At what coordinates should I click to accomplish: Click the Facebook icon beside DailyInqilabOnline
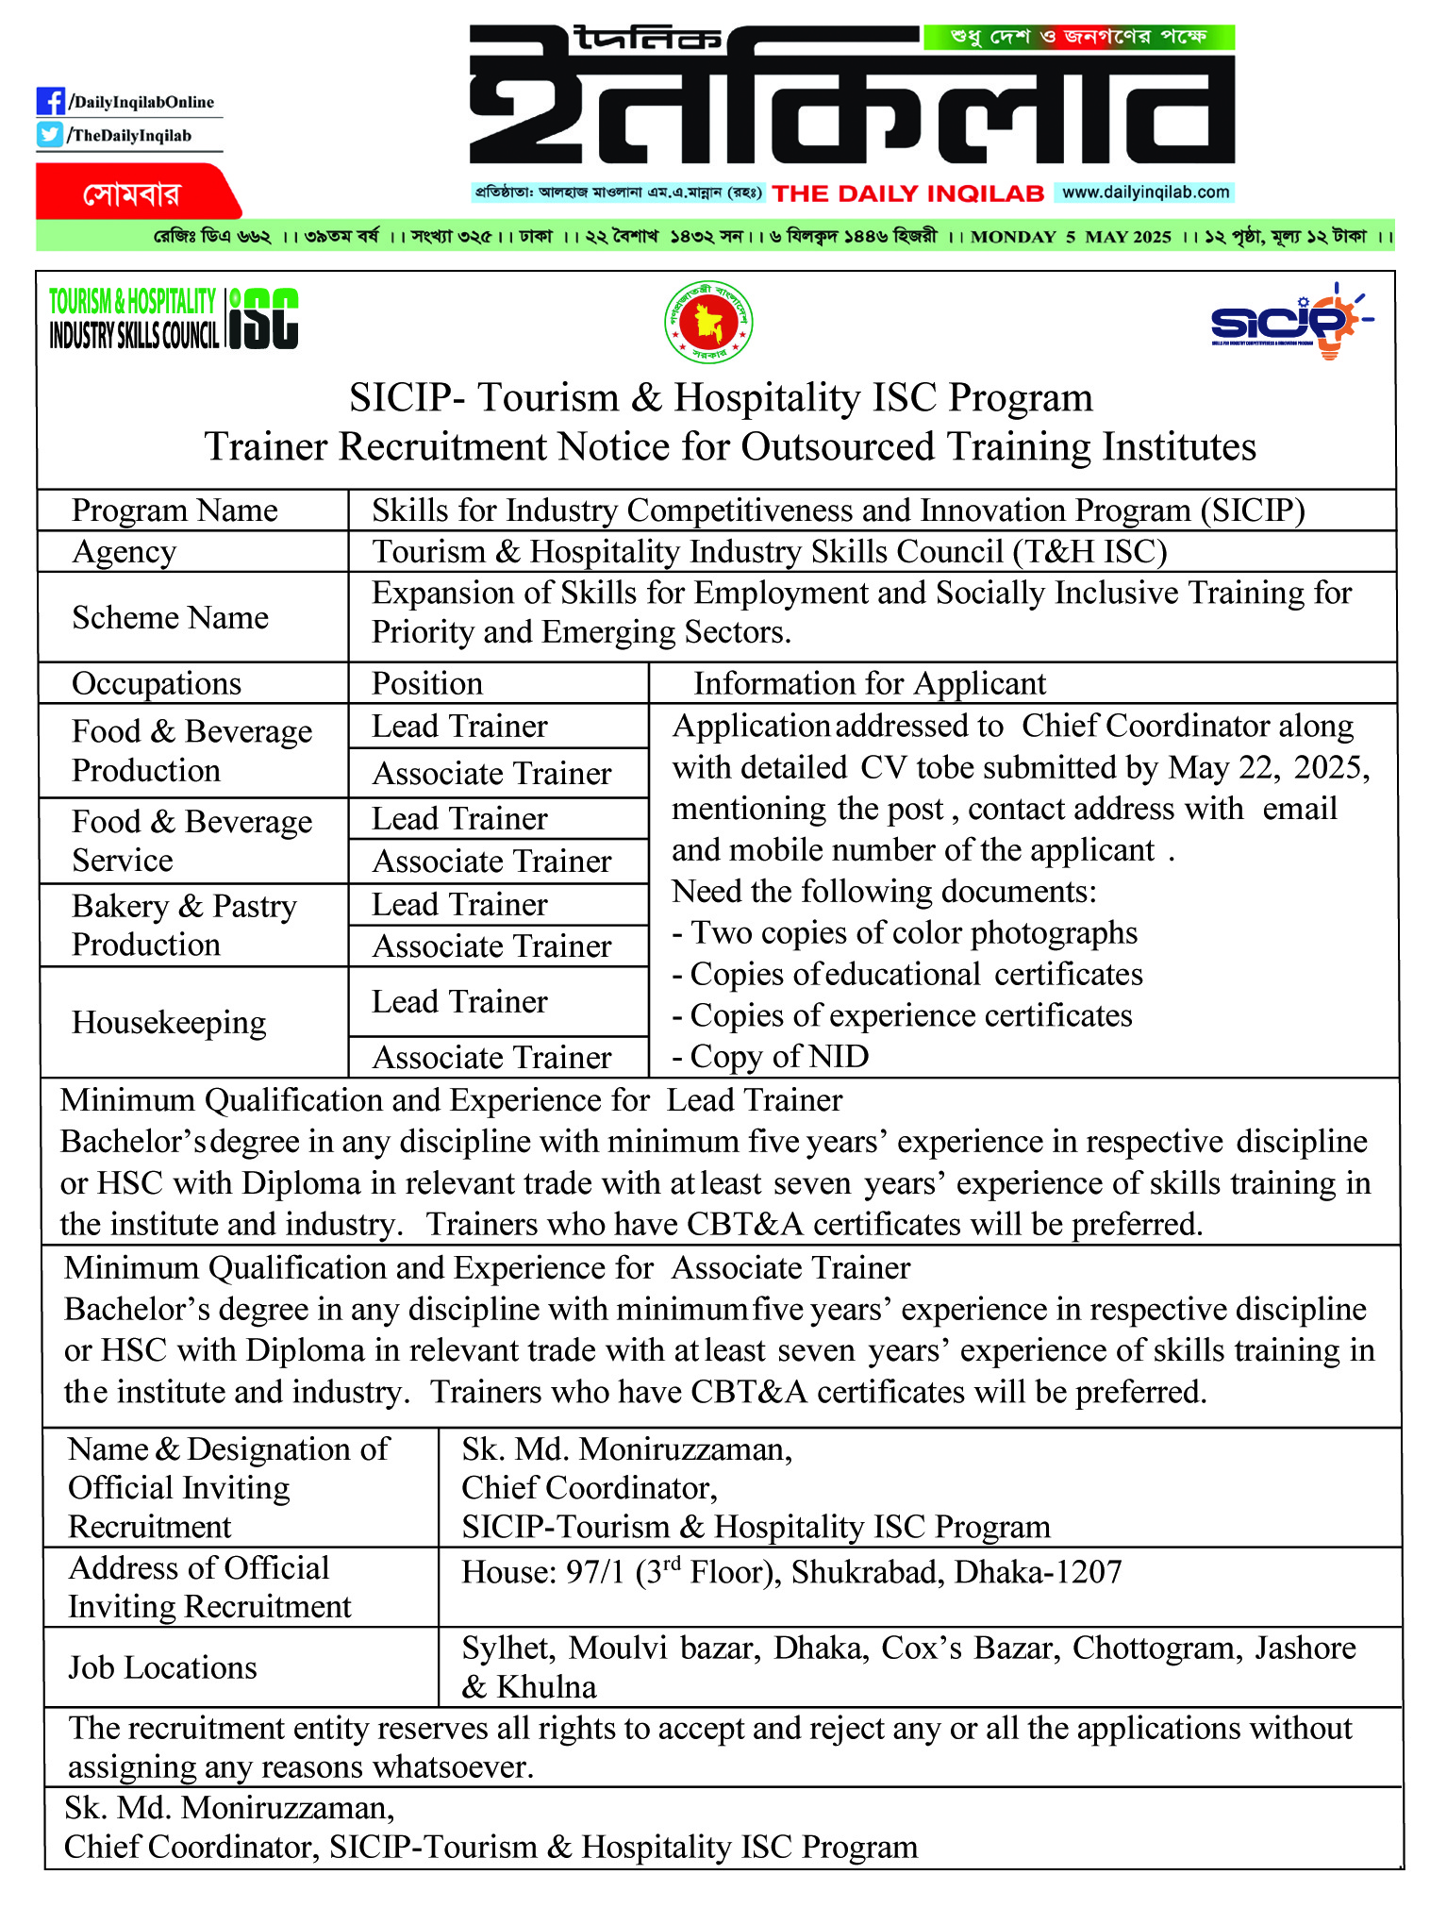coord(50,101)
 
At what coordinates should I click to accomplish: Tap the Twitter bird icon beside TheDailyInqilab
coord(50,135)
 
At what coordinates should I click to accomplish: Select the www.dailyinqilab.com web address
coord(1144,192)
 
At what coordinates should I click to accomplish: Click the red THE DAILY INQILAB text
coord(907,193)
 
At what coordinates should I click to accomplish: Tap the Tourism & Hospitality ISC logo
coord(175,319)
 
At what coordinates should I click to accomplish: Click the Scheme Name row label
coord(170,617)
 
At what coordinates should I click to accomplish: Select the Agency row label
coord(124,551)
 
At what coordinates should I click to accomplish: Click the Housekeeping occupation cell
coord(169,1022)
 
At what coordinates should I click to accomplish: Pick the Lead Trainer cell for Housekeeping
coord(459,1001)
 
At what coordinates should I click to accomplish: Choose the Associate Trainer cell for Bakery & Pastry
coord(491,946)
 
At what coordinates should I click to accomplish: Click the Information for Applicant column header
coord(869,683)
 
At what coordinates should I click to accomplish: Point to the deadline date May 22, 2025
coord(1268,767)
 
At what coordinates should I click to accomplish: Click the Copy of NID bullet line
coord(771,1056)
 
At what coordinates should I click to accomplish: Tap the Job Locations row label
coord(162,1667)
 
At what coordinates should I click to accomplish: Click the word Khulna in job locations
coord(546,1687)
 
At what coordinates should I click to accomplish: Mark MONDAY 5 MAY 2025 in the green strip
coord(1070,236)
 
